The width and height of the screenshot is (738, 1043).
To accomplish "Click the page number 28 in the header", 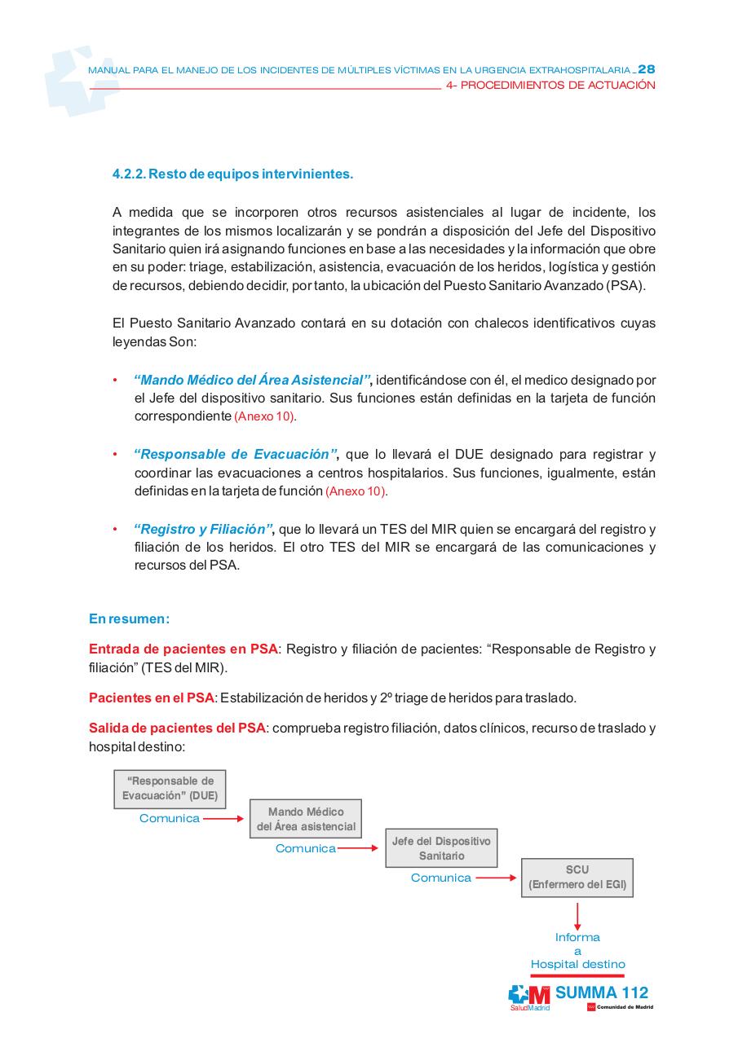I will [x=646, y=69].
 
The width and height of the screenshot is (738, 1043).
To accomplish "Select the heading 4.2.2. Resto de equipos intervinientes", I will [x=232, y=174].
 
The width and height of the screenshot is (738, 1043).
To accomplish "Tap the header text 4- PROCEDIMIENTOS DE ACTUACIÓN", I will [x=551, y=85].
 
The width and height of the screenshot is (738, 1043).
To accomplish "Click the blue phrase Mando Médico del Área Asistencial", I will [x=252, y=380].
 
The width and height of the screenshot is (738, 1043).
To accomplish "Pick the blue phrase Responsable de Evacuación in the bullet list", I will [x=235, y=455].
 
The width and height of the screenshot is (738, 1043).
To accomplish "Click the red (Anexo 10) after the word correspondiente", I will [x=266, y=416].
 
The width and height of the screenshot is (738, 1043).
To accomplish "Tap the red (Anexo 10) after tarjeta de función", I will [x=356, y=492].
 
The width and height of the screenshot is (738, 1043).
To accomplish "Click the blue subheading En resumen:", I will [x=129, y=618].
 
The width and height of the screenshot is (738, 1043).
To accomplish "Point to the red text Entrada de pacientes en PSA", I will [x=183, y=649].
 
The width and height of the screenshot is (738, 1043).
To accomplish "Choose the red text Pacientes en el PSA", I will [x=151, y=698].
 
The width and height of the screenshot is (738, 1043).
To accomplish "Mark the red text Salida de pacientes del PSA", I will [x=177, y=728].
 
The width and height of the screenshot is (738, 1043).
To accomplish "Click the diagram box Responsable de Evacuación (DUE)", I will [x=170, y=789].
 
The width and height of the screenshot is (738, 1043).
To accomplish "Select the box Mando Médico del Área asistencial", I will [x=306, y=819].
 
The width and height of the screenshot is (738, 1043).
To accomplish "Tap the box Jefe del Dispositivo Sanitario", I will [x=441, y=848].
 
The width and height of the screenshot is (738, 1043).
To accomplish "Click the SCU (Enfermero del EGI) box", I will [x=577, y=877].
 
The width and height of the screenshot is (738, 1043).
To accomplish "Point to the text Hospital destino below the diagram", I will [x=577, y=964].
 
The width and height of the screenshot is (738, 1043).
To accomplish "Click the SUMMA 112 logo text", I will [x=602, y=992].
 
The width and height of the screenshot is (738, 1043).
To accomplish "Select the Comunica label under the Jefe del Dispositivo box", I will [x=441, y=878].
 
